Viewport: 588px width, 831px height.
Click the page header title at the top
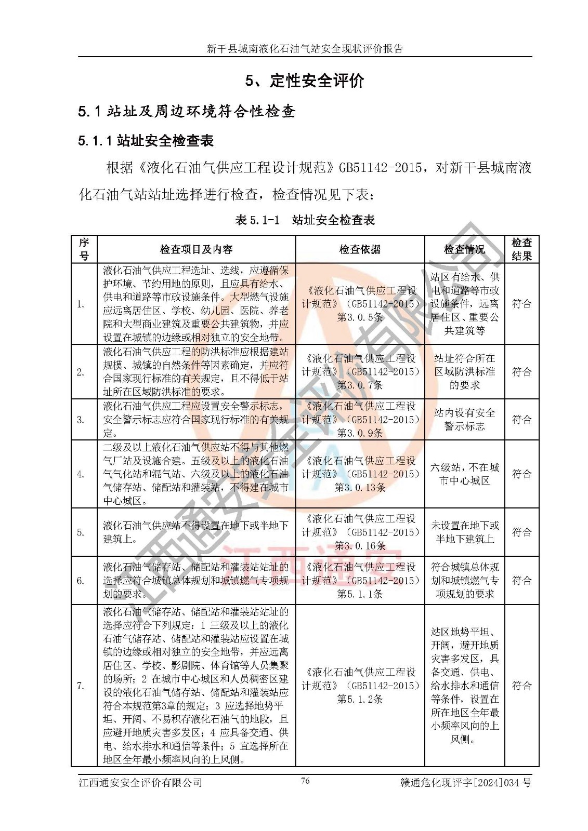305,49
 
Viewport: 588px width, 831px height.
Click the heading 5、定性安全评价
305,81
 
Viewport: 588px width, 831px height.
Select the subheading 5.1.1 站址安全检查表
146,141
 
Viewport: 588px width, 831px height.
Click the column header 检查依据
360,250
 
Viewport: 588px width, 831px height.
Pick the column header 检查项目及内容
196,250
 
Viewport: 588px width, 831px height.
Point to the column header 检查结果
521,249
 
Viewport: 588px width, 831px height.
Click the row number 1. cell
81,304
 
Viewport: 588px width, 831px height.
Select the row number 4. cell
81,474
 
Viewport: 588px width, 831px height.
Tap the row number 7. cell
81,686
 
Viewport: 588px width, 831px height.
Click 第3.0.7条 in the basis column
360,385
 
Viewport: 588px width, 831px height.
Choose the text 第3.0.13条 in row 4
360,488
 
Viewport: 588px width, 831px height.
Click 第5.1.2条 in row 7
360,699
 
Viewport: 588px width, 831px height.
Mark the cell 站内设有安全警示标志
464,420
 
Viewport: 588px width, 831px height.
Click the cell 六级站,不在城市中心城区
464,474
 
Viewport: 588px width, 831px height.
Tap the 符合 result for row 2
521,372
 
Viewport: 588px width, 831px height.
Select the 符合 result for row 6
521,581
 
